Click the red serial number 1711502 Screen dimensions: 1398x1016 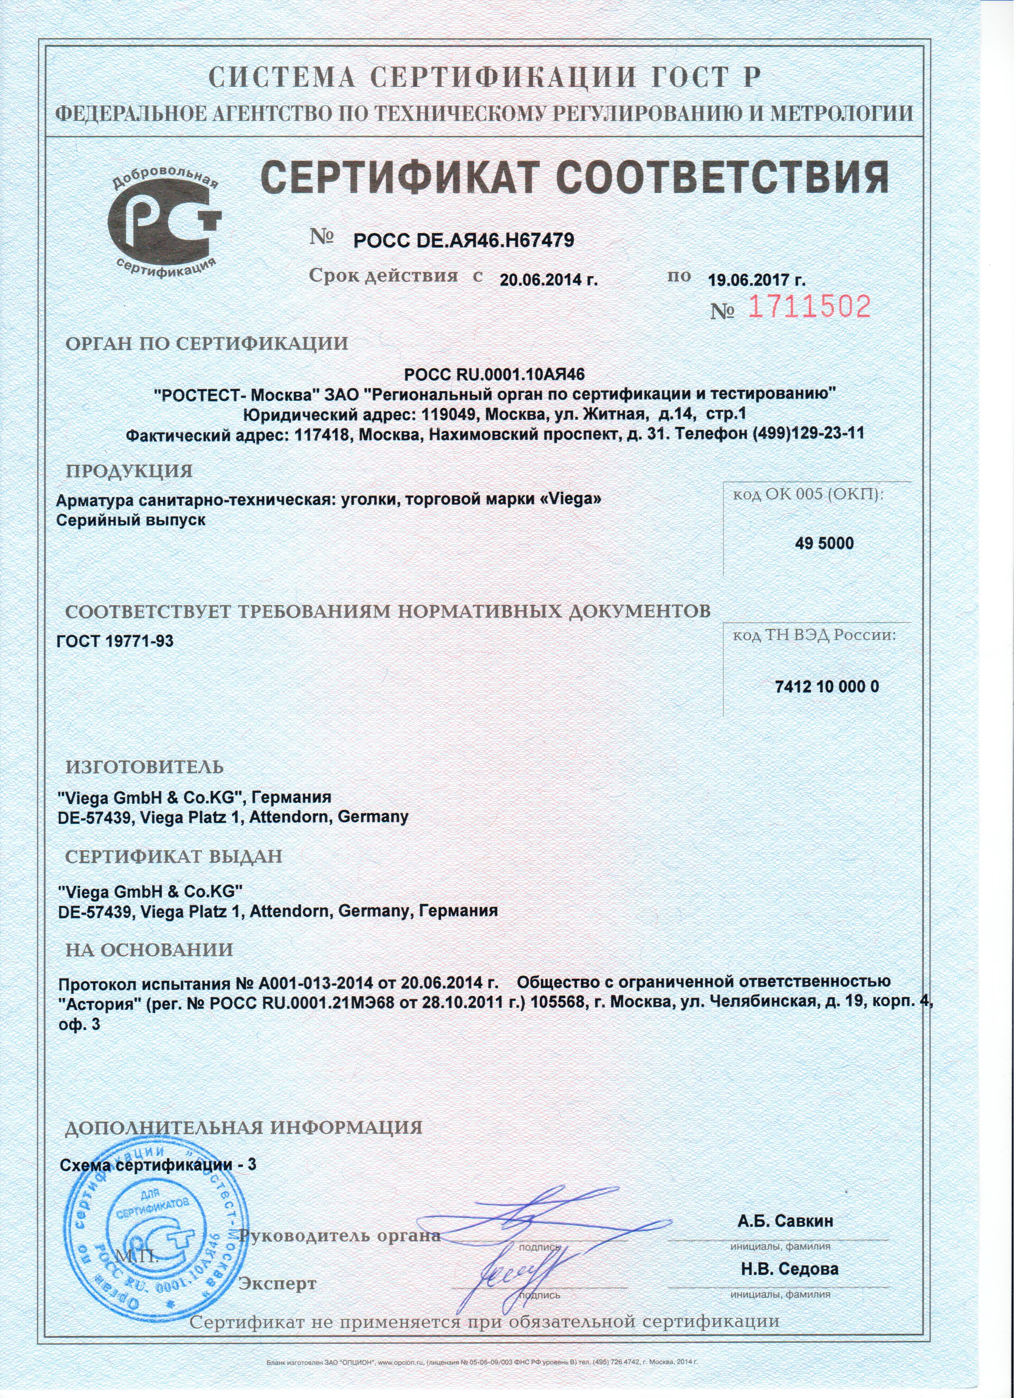click(x=810, y=307)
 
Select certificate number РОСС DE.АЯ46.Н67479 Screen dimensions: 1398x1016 click(x=464, y=240)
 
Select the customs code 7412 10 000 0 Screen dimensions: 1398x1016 click(x=826, y=687)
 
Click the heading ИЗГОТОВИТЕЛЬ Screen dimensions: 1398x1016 click(x=145, y=767)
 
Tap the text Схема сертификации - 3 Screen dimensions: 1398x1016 click(x=157, y=1165)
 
